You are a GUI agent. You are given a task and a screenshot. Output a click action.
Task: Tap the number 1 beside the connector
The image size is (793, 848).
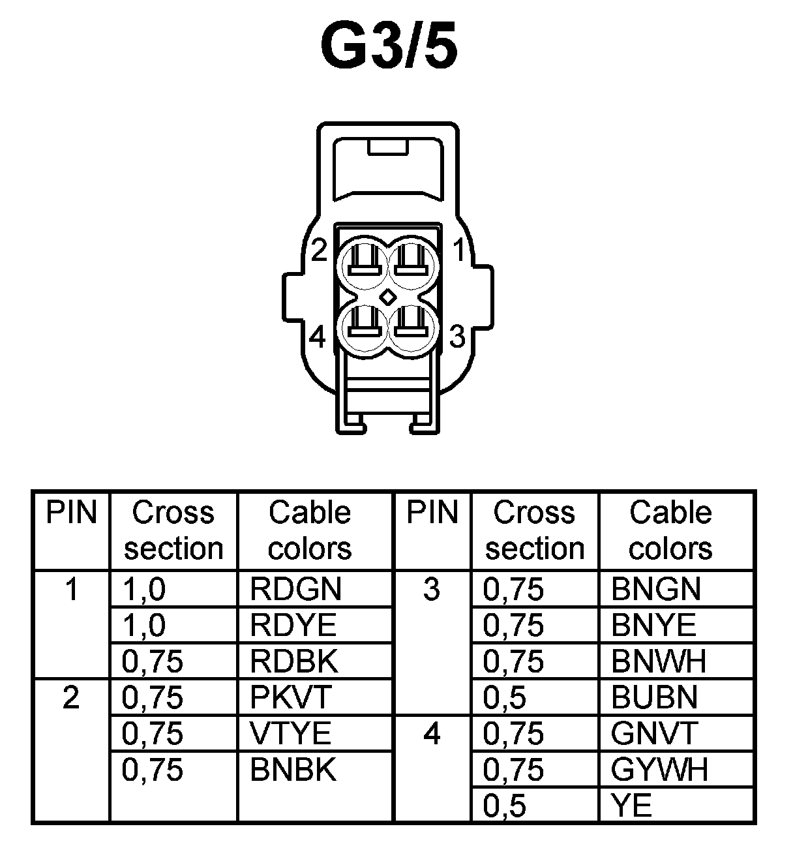click(458, 250)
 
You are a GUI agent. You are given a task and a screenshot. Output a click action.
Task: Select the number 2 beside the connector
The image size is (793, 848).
click(318, 250)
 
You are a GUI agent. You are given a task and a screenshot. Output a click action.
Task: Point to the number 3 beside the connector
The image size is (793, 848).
click(458, 337)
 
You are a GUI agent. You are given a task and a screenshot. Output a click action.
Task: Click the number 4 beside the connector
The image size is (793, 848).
click(318, 337)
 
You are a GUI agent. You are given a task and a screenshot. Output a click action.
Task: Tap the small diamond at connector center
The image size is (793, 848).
click(388, 297)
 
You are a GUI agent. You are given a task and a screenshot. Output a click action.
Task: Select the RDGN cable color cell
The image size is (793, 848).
click(295, 590)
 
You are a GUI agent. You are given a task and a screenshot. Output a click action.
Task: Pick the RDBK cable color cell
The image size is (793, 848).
click(294, 662)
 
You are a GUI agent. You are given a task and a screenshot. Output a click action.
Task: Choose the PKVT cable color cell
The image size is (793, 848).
click(291, 698)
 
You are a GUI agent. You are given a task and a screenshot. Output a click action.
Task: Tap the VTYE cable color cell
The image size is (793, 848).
click(291, 734)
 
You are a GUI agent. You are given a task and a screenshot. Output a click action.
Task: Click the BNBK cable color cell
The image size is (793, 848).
click(293, 770)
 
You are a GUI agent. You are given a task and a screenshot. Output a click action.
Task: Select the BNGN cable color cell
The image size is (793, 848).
click(655, 590)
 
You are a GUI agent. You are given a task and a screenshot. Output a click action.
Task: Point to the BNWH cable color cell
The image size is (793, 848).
click(659, 662)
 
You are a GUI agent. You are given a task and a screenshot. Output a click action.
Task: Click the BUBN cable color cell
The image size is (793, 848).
click(654, 698)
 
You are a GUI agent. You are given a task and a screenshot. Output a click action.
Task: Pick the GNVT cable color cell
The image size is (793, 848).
click(654, 734)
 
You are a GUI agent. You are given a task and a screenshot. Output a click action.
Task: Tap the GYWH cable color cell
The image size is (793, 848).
click(659, 770)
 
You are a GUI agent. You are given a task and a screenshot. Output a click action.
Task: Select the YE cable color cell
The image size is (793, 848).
click(631, 806)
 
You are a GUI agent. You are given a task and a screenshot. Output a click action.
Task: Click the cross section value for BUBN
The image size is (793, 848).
click(504, 698)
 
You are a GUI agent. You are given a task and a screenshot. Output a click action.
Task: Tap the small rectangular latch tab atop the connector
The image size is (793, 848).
click(388, 147)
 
